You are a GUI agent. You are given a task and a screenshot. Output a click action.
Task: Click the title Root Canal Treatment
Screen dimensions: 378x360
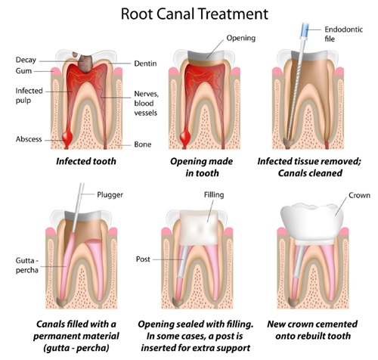[194, 14]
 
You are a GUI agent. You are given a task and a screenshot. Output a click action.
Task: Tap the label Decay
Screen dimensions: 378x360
[26, 60]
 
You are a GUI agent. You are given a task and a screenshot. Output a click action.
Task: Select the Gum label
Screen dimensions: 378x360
[23, 71]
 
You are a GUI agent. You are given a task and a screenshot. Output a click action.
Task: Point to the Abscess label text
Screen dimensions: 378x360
[29, 139]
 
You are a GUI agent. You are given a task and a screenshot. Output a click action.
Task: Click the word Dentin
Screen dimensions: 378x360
[145, 64]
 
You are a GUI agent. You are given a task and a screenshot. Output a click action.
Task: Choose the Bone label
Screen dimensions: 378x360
[143, 144]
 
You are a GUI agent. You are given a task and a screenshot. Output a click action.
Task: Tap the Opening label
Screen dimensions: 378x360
[241, 38]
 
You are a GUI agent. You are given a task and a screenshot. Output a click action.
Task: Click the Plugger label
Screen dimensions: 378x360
[110, 195]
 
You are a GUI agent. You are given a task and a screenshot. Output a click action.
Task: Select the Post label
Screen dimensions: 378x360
[143, 259]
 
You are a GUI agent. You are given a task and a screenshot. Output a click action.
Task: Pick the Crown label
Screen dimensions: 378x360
[359, 195]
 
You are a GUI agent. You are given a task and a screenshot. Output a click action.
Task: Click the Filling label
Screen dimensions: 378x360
[214, 195]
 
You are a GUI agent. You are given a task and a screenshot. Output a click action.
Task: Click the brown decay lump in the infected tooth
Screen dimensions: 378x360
[85, 63]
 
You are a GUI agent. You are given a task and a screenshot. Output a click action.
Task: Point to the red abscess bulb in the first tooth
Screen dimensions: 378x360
[67, 138]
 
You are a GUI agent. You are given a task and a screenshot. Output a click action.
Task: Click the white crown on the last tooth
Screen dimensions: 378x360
[311, 222]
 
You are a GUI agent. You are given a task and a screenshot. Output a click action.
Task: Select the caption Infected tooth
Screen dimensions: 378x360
[86, 161]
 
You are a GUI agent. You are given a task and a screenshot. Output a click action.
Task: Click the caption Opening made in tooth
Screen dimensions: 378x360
[202, 167]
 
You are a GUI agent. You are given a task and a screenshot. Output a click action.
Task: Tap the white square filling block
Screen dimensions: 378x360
[199, 228]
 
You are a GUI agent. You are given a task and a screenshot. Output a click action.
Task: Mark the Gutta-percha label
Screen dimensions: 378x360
[27, 265]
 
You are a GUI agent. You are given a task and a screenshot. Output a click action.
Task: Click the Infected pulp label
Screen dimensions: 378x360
[29, 95]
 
